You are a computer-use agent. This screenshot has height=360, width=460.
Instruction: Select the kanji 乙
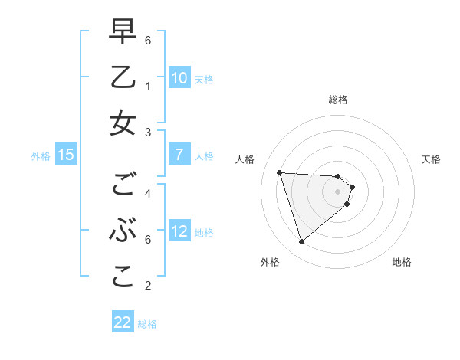coord(123,78)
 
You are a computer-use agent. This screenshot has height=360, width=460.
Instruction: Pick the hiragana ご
coord(123,185)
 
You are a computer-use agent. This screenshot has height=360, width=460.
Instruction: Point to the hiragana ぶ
coord(123,231)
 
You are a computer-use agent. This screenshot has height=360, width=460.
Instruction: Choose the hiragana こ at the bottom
coord(123,277)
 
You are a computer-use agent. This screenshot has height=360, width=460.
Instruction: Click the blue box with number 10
coord(179,77)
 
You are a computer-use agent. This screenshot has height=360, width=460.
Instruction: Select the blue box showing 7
coord(179,155)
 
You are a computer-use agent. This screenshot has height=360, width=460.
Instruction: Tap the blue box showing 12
coord(179,231)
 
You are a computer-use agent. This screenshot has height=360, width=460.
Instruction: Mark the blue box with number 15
coord(66,155)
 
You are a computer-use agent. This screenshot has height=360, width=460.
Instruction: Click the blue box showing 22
coord(123,322)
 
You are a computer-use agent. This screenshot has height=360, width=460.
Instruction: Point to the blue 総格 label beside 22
coord(147,324)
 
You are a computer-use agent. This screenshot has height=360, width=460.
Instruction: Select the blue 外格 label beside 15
coord(41,156)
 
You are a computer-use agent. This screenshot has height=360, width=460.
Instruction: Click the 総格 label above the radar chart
coord(338,100)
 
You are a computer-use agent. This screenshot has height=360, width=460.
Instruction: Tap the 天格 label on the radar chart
coord(432,159)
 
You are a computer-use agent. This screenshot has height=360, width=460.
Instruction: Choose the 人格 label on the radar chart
coord(245,159)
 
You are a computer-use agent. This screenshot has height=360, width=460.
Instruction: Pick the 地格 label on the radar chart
coord(402,262)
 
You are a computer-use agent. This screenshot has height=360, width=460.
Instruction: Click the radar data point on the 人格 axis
coord(279,172)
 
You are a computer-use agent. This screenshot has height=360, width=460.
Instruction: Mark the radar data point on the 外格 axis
coord(301,242)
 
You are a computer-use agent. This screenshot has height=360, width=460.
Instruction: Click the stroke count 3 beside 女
coord(147,132)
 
